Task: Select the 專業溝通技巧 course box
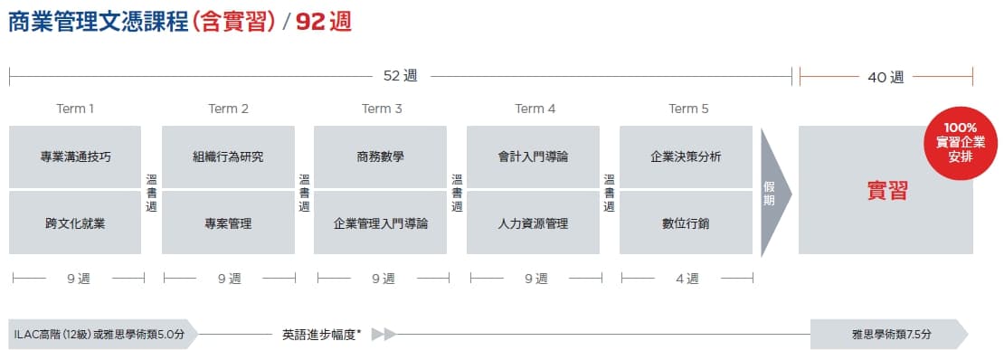coord(75,157)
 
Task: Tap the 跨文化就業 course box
coord(75,223)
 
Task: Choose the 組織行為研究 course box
coord(228,157)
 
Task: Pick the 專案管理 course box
coord(228,223)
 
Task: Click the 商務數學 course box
coord(380,157)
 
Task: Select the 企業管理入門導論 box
coord(380,223)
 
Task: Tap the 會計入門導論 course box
coord(534,157)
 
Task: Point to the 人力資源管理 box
coord(534,223)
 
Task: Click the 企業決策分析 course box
coord(686,157)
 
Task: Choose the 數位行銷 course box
coord(686,223)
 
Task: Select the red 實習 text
coord(887,191)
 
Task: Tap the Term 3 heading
coord(382,109)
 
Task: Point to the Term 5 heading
coord(688,109)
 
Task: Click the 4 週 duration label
coord(687,278)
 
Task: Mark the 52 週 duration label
coord(400,76)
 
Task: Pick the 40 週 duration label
coord(886,78)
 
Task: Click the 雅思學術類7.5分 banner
coord(889,334)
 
